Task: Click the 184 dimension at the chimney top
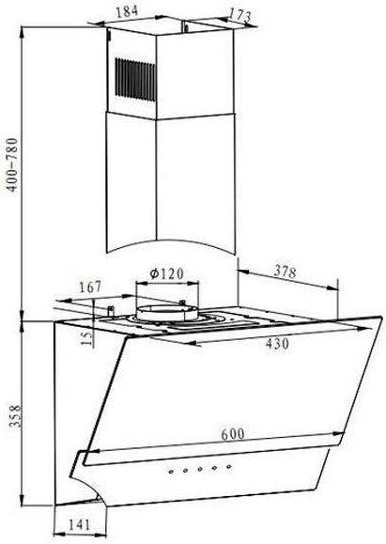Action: (127, 11)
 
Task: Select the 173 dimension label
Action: (239, 15)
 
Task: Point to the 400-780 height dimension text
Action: (12, 164)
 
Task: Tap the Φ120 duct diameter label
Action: (166, 273)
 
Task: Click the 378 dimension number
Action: (286, 272)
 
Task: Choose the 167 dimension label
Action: (90, 287)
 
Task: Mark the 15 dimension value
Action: (87, 337)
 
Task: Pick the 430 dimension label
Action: (277, 344)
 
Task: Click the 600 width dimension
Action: (233, 434)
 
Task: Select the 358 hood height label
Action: (15, 416)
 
